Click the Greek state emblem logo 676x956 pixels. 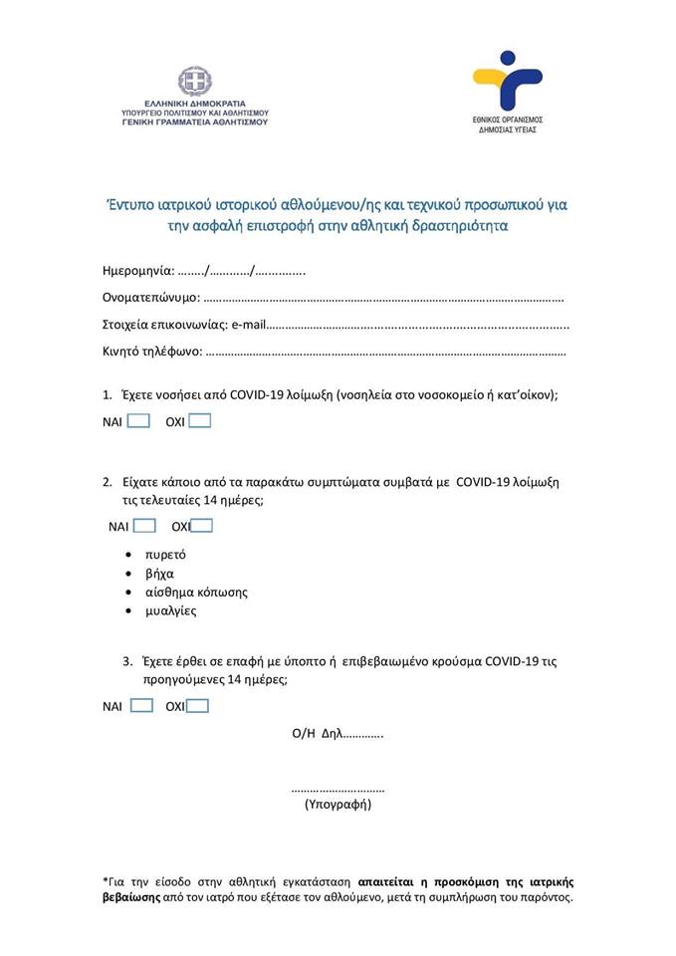[195, 81]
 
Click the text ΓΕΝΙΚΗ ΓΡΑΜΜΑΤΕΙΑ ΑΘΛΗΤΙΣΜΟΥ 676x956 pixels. [195, 122]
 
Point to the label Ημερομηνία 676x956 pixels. [138, 271]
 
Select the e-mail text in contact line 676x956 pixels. [248, 324]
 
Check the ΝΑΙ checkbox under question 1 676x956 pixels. [138, 420]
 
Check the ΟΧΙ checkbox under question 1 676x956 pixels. [200, 420]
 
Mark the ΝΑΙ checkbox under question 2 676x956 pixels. [144, 525]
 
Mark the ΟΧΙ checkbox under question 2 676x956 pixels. [202, 525]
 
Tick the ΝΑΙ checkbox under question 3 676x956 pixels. [141, 706]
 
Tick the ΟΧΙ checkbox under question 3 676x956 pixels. [198, 706]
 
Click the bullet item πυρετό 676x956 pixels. [165, 555]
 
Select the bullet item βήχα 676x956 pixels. [159, 574]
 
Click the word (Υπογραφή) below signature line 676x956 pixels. [338, 803]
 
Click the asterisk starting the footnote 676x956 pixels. [106, 880]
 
